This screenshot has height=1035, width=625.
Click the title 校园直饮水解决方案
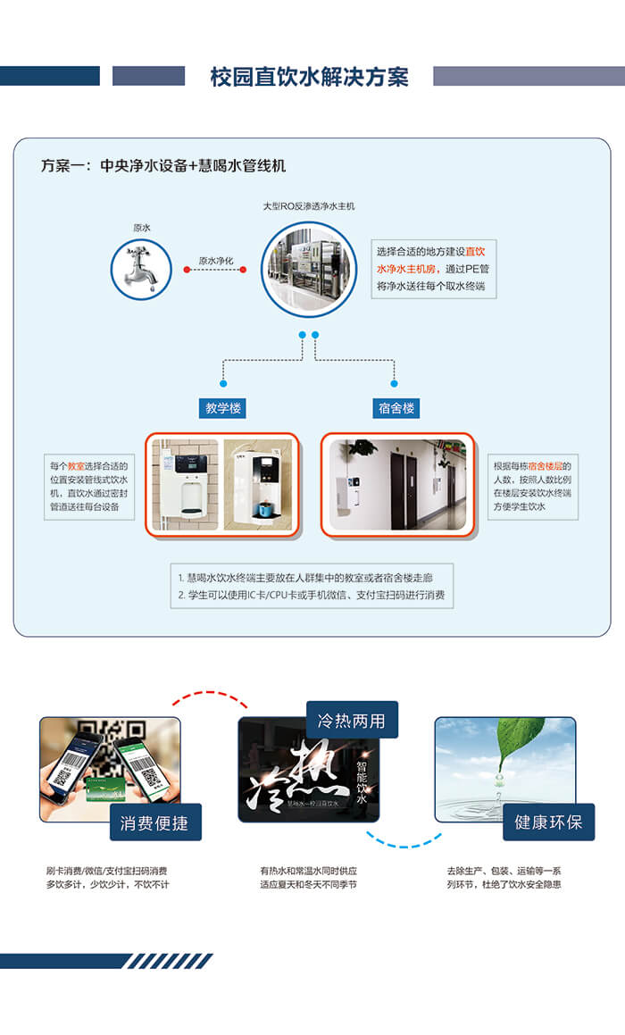tap(309, 77)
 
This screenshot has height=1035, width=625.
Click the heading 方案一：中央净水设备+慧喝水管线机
tap(163, 166)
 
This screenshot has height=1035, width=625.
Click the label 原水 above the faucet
tap(142, 228)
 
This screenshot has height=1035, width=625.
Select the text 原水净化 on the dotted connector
tap(215, 261)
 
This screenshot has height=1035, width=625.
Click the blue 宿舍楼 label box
tap(395, 409)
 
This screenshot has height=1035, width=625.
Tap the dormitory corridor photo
tap(398, 484)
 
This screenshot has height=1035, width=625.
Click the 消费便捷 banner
tap(154, 822)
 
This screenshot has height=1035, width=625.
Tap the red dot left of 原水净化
tap(187, 268)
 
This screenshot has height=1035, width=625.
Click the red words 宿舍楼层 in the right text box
tap(546, 465)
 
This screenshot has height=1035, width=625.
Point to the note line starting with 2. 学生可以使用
tap(311, 595)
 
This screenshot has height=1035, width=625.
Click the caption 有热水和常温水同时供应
tap(308, 871)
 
